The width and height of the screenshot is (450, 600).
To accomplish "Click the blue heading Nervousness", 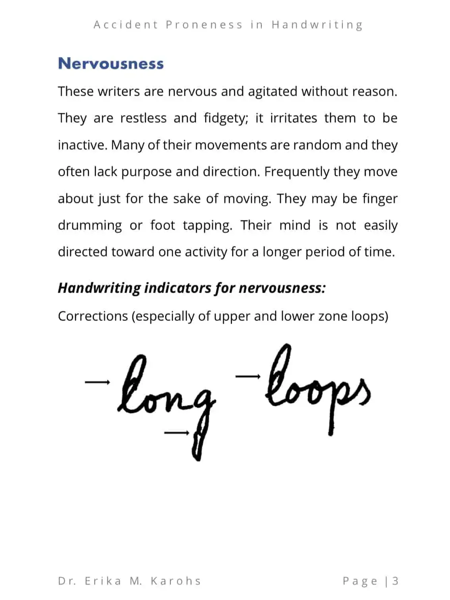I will pyautogui.click(x=111, y=64).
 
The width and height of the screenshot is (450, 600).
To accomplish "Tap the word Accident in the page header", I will pyautogui.click(x=126, y=25).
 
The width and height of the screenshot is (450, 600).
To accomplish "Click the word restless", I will pyautogui.click(x=143, y=118).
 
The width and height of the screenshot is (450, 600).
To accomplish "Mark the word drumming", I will pyautogui.click(x=90, y=226).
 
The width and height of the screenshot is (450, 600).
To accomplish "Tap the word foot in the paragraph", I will pyautogui.click(x=162, y=225).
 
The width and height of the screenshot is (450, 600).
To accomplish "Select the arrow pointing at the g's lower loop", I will pyautogui.click(x=176, y=433).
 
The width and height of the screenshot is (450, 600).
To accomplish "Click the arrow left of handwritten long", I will pyautogui.click(x=97, y=382).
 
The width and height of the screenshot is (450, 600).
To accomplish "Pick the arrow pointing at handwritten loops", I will pyautogui.click(x=248, y=376).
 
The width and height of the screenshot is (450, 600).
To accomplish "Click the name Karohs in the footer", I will pyautogui.click(x=176, y=581).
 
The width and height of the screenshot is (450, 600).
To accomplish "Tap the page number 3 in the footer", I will pyautogui.click(x=395, y=581).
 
